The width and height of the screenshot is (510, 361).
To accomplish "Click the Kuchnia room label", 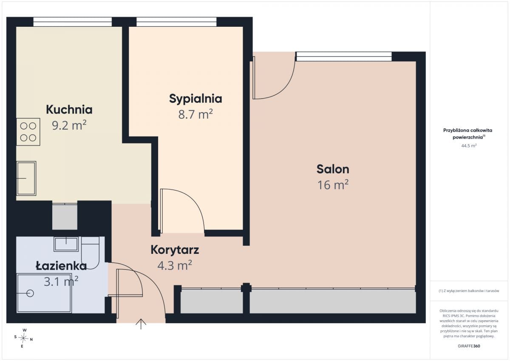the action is point(69,110).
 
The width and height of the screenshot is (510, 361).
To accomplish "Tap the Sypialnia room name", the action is point(195,99).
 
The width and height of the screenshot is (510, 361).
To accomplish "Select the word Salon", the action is point(333,169).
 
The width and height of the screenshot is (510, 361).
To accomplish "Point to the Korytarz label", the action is point(175,250).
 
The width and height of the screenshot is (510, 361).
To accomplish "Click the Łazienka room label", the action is point(61,266).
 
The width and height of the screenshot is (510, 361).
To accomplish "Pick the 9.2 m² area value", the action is point(69,125).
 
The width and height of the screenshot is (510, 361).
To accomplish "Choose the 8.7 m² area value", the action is point(195,114).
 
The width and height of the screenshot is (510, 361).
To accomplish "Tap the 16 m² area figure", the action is point(333,185).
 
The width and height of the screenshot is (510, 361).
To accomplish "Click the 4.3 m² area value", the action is point(175,265).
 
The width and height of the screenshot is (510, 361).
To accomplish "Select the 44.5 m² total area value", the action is point(469,145).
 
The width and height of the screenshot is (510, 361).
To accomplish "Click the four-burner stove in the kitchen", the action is point(28,132).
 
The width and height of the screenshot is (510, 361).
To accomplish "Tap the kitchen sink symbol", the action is point(26,178).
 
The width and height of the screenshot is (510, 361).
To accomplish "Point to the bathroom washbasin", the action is point(66,244).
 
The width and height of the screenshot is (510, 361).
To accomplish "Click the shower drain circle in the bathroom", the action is point(30,293).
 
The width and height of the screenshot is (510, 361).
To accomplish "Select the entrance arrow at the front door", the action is point(141,324).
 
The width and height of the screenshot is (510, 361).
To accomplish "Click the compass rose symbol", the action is point(23,338).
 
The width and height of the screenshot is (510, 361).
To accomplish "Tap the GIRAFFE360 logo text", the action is point(469,346).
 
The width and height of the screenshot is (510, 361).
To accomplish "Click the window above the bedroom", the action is point(176,22).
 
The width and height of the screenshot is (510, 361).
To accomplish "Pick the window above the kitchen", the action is point(73,22).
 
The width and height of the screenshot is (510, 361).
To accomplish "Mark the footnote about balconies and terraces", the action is point(469,291).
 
